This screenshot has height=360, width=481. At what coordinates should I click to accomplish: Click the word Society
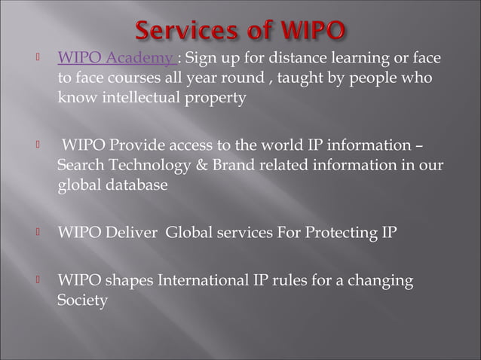tap(82, 301)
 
